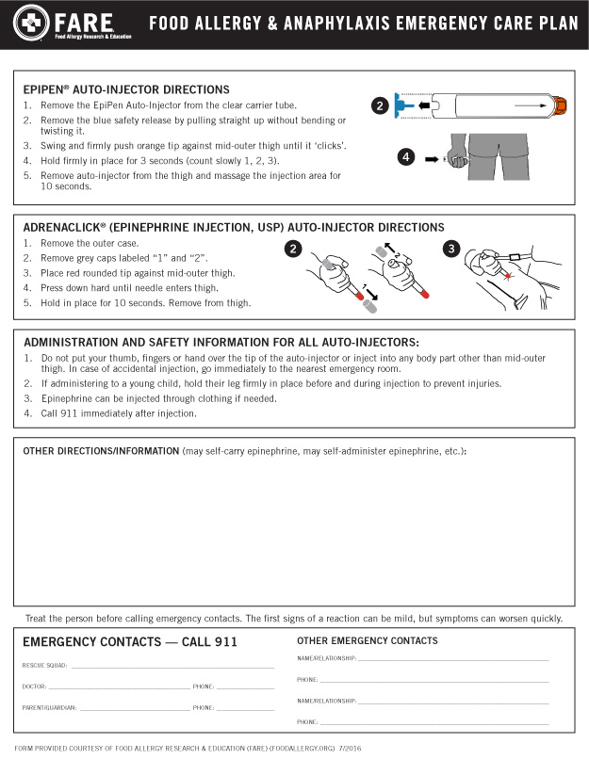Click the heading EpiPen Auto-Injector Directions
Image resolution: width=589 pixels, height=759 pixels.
click(126, 89)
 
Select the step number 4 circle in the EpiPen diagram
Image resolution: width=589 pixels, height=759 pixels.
click(406, 158)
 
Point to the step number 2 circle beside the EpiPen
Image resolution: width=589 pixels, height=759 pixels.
click(380, 106)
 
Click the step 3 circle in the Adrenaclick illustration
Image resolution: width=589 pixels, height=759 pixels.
click(450, 250)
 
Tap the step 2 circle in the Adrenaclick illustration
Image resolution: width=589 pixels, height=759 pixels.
click(294, 250)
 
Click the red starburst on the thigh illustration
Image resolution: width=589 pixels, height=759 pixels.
click(509, 275)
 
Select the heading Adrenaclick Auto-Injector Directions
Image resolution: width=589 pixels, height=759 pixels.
click(234, 227)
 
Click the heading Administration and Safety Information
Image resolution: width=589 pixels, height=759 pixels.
click(221, 342)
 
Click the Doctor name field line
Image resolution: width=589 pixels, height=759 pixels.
click(118, 687)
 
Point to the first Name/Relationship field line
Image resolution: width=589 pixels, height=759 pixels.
click(452, 658)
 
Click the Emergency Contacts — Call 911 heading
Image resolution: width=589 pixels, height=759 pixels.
click(130, 642)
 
